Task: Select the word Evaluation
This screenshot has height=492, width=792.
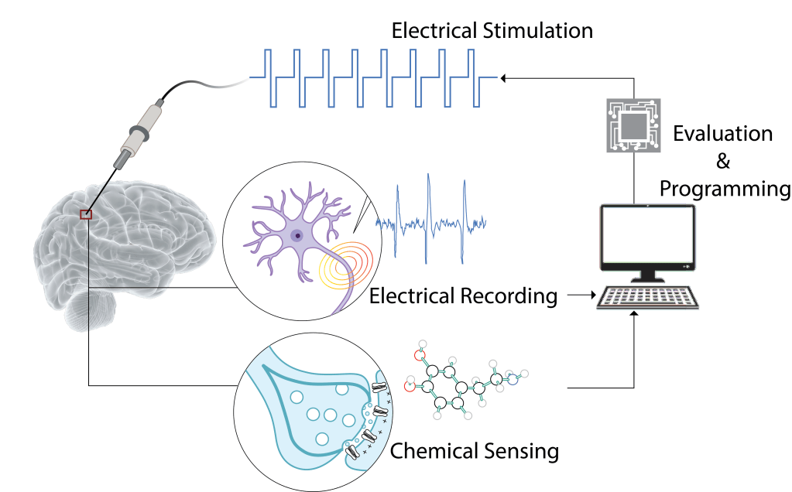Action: [x=722, y=134]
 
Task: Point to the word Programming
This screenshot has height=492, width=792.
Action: [x=725, y=189]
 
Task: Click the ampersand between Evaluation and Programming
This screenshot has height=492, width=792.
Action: [x=723, y=162]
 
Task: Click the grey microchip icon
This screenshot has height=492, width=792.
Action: [x=631, y=123]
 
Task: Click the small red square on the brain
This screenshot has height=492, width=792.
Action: [x=86, y=214]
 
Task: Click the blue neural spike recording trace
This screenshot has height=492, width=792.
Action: [x=430, y=217]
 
